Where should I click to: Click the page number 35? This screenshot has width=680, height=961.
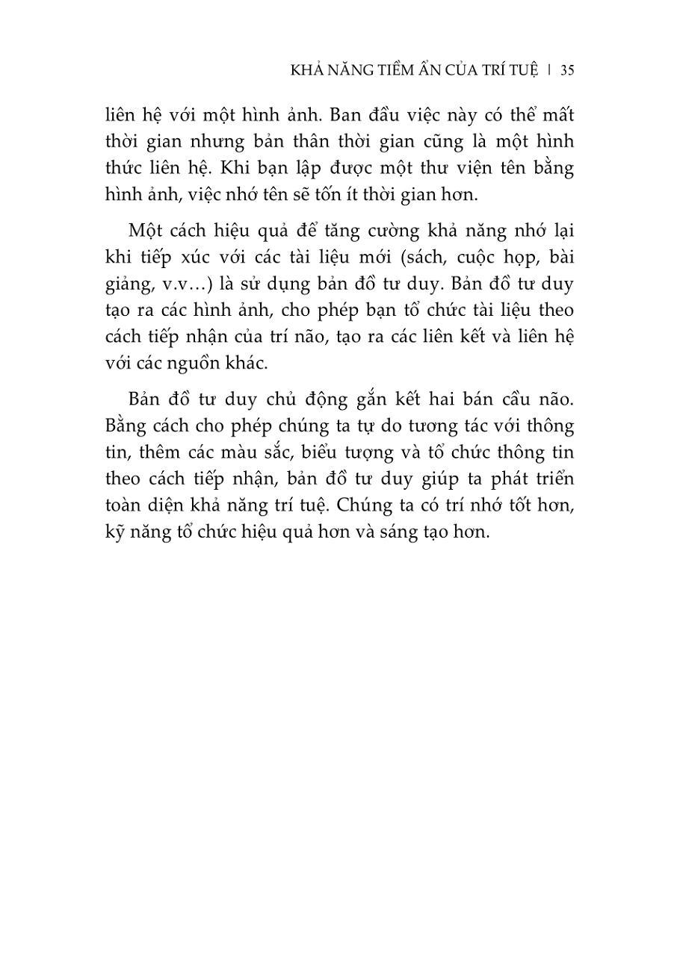click(566, 70)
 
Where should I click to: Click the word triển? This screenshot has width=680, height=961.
click(549, 479)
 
